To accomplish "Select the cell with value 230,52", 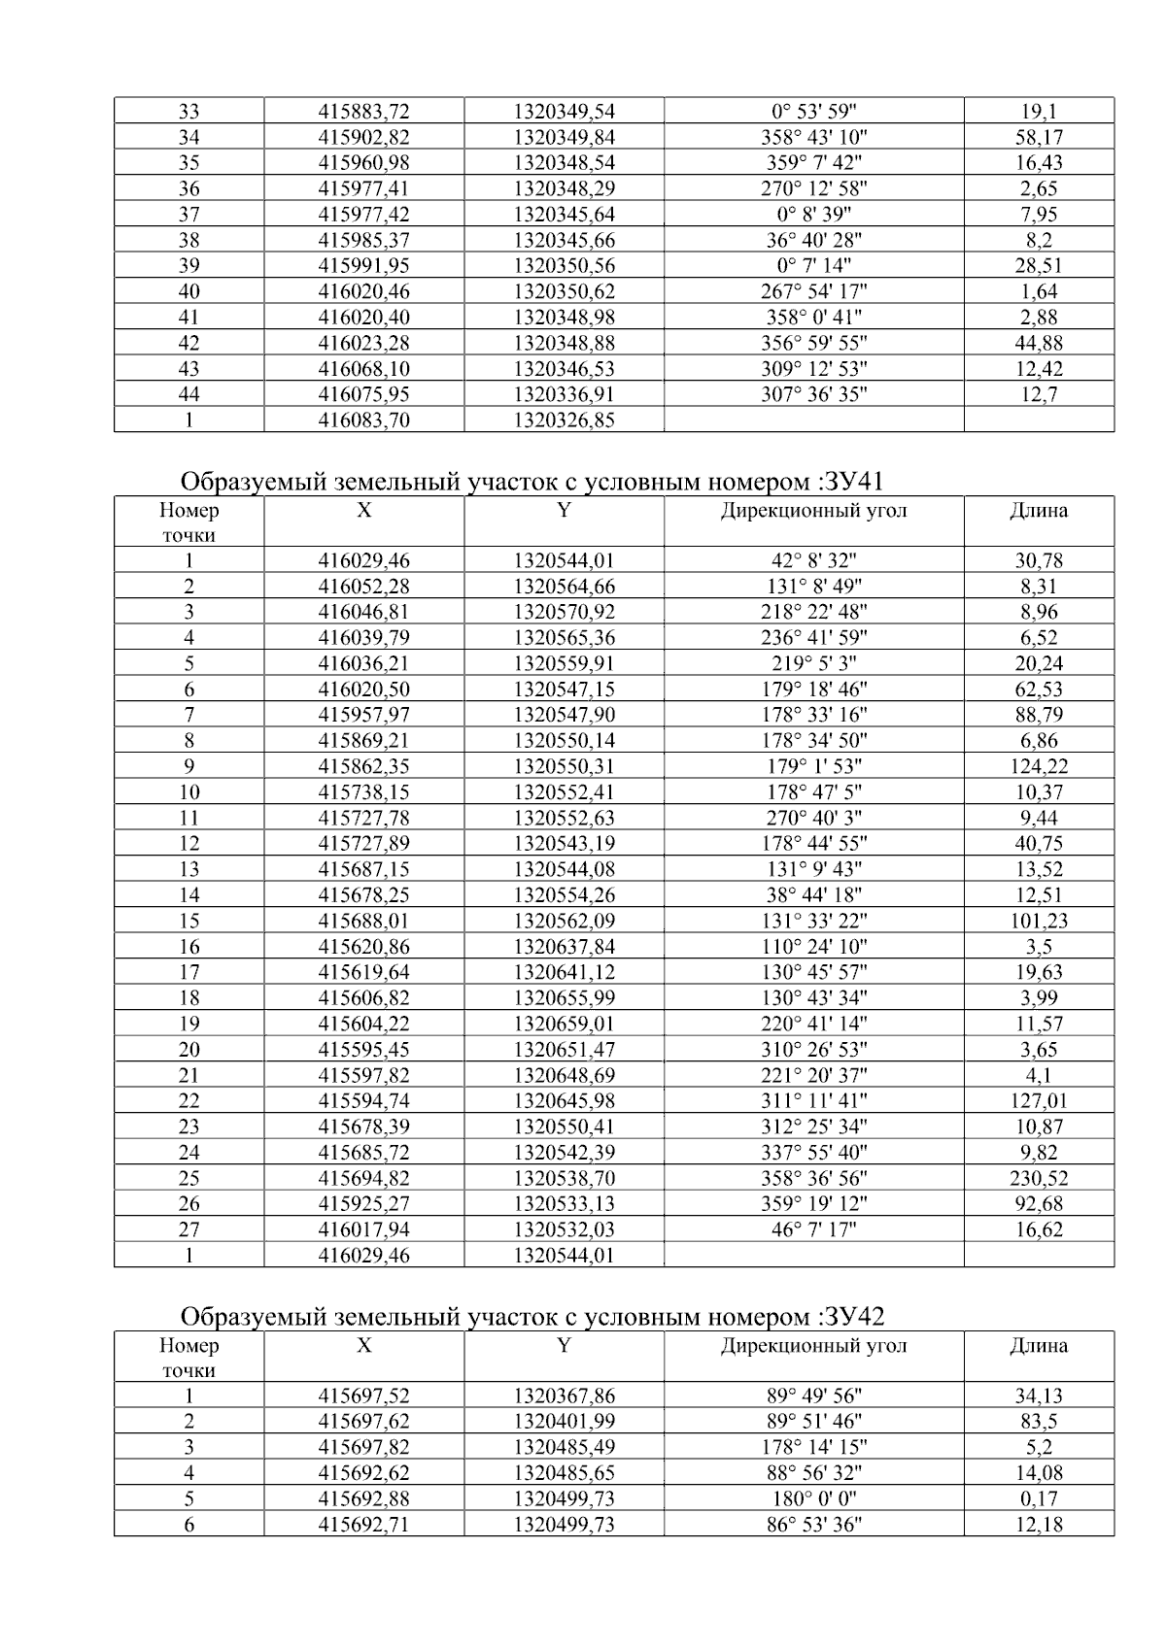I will coord(1038,1178).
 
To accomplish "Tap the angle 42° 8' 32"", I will coord(812,560).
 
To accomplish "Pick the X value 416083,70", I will coord(363,420).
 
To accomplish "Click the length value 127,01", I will coord(1038,1100).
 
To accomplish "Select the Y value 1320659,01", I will coord(564,1024).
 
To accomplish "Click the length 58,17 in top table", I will coord(1038,137).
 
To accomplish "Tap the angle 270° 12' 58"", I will coord(812,188).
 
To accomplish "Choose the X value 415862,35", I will coord(363,766).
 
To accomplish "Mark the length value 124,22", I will coord(1038,766).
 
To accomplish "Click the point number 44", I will coord(189,394).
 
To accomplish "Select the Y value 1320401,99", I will coord(564,1422).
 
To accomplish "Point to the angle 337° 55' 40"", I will coord(812,1152).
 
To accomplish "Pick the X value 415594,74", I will coord(363,1100).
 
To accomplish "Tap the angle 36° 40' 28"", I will coord(812,240).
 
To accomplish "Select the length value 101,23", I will coord(1038,921).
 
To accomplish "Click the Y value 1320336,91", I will coord(564,394).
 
